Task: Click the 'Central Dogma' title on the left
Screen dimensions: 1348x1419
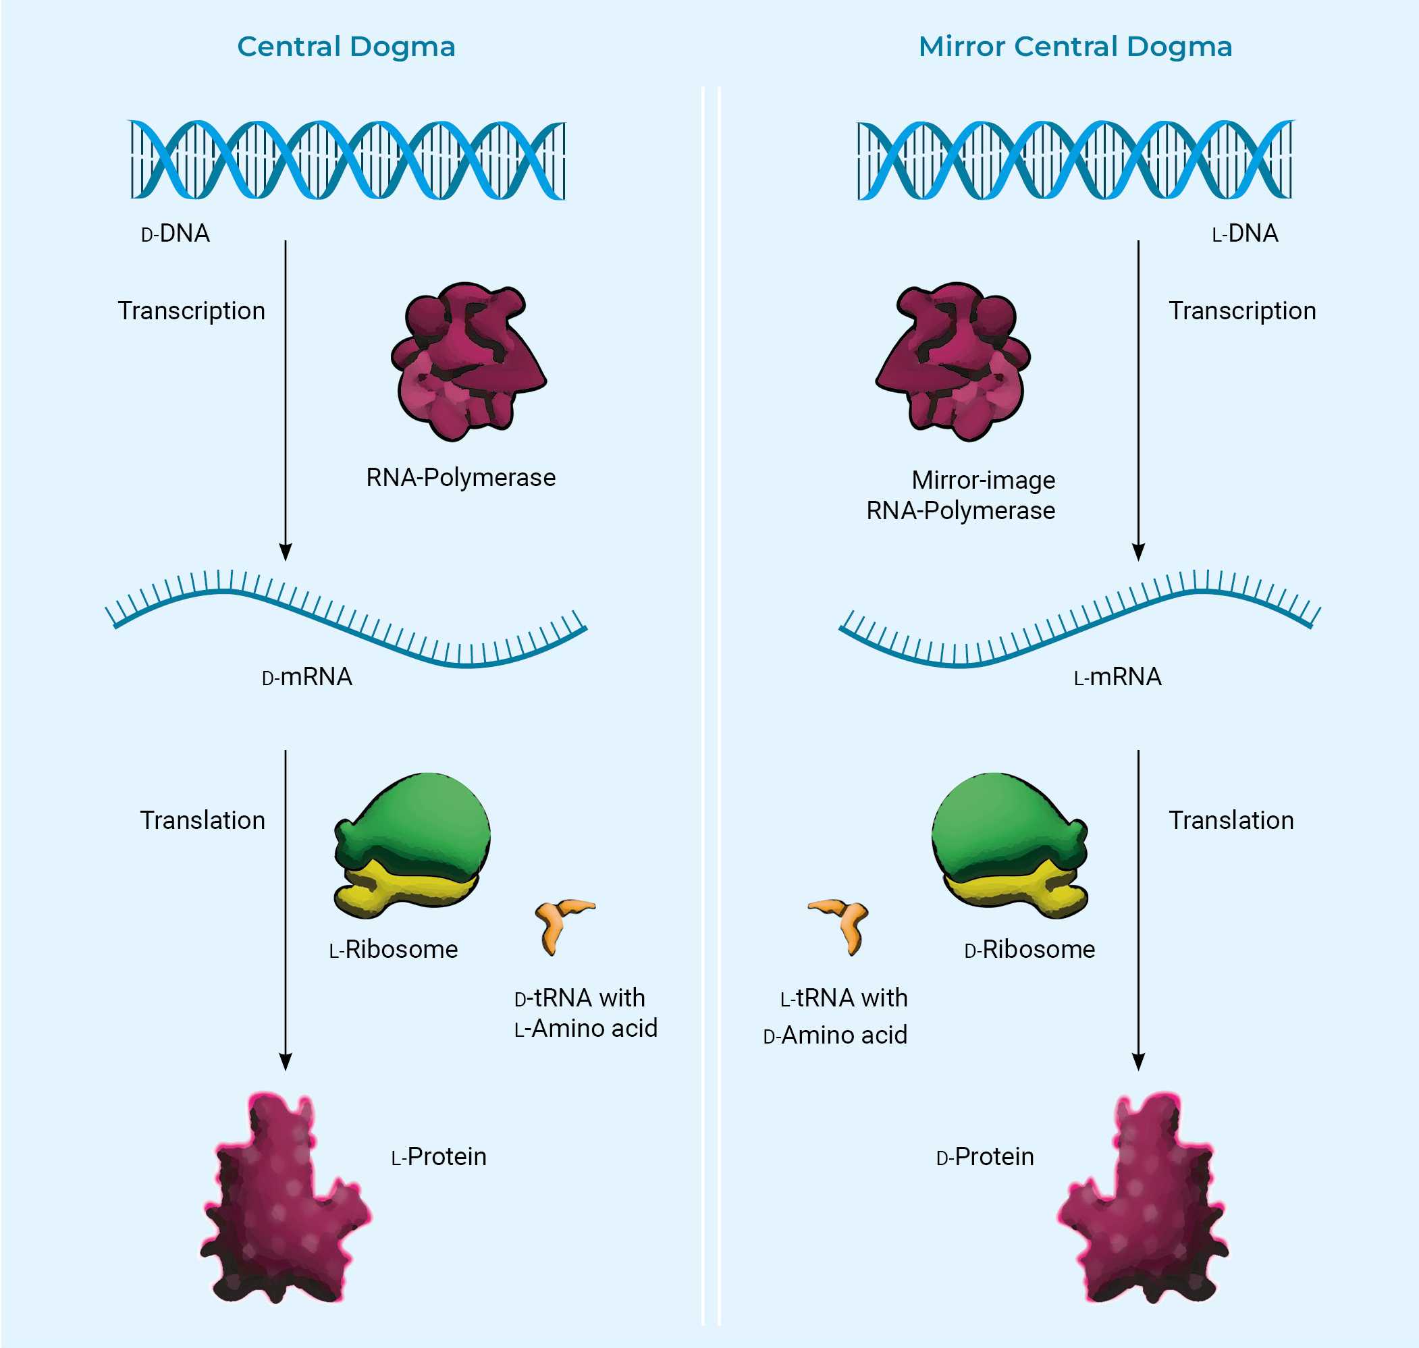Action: pos(346,47)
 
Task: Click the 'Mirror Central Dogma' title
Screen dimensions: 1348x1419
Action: pos(1075,47)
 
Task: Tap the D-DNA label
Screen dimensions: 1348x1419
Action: pos(176,234)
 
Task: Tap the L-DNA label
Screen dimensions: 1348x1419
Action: pos(1244,234)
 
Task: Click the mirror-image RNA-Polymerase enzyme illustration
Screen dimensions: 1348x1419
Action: pos(954,360)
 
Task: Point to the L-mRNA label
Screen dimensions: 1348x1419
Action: pos(1117,677)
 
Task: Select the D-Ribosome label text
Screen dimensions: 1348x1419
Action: pos(1029,950)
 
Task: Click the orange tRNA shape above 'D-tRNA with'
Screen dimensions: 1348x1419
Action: pos(563,923)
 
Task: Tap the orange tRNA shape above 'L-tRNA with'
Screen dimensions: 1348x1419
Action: pos(840,923)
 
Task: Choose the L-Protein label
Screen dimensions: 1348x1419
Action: pos(438,1157)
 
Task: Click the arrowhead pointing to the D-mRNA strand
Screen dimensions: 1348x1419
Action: pos(286,552)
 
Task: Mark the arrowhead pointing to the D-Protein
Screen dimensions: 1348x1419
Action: pos(1138,1062)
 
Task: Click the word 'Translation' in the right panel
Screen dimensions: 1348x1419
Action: pos(1231,821)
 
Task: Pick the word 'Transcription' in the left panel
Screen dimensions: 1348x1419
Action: pos(191,311)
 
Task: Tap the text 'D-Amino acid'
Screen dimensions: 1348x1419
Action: pos(835,1035)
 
